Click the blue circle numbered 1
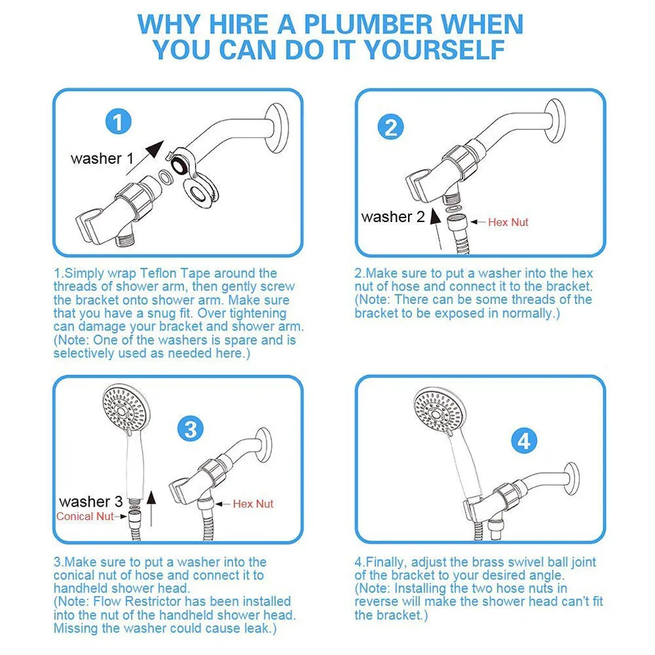(x=118, y=122)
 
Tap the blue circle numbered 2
(x=391, y=127)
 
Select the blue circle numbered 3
(x=191, y=429)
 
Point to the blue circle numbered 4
(x=524, y=441)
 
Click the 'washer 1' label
(x=102, y=159)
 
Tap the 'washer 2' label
(x=393, y=217)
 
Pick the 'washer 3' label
(x=91, y=501)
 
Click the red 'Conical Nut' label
(x=85, y=516)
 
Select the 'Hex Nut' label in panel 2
(x=508, y=222)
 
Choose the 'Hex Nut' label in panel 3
(x=253, y=504)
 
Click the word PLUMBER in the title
(x=368, y=24)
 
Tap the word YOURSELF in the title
(x=435, y=50)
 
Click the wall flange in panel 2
(x=555, y=121)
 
